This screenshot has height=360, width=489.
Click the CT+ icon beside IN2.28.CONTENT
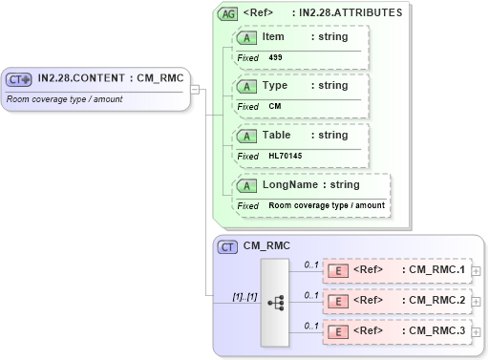[x=20, y=79]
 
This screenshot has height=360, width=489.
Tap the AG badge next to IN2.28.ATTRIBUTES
[x=228, y=13]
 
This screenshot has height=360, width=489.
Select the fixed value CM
[x=275, y=106]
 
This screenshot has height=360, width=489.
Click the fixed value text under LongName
[x=327, y=205]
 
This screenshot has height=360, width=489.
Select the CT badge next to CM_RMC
[x=228, y=246]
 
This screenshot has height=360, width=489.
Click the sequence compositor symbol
[x=277, y=302]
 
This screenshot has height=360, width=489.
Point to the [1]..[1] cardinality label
[x=244, y=297]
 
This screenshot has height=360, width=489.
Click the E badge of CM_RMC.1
[x=337, y=270]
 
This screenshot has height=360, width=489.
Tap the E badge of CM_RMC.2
[x=337, y=301]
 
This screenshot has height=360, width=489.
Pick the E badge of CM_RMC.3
[x=337, y=331]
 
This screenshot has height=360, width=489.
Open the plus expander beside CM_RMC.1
[x=476, y=271]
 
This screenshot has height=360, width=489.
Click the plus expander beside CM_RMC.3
[x=476, y=332]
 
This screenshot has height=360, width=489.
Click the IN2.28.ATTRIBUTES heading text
[x=350, y=13]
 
